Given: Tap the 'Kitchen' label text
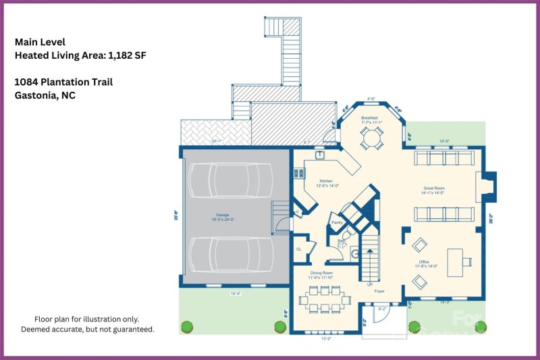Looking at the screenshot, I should coord(326,181).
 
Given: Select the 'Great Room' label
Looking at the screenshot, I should coord(433,188).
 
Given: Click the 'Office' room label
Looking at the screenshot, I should coord(423,262).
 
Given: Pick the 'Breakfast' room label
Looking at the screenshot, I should coord(369,118).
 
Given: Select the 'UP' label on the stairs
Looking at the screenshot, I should coord(369,284).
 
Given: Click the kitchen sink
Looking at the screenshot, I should coord(321,155).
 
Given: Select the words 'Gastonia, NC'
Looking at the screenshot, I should coord(45,95).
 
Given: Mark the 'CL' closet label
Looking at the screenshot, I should coord(298,248).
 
